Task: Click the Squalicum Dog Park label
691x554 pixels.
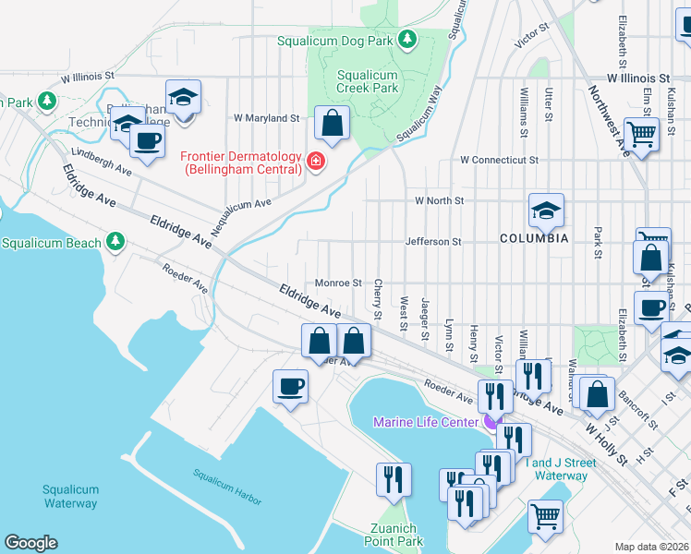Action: [x=335, y=41]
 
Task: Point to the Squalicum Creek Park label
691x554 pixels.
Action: [x=367, y=81]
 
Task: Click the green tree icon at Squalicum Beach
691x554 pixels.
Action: [x=115, y=242]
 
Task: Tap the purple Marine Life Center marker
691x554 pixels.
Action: [x=489, y=422]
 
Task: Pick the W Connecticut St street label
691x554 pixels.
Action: [x=494, y=160]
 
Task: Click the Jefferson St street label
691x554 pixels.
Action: [x=432, y=242]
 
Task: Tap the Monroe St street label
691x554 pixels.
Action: [x=337, y=283]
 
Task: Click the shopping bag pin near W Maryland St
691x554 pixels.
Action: [x=332, y=122]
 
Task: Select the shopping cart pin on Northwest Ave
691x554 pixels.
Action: [x=641, y=134]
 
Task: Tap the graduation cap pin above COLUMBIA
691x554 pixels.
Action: [x=546, y=211]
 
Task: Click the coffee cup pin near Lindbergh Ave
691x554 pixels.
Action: [x=146, y=140]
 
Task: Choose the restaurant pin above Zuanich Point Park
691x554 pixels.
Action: [x=394, y=478]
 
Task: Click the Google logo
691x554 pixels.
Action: [x=30, y=543]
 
